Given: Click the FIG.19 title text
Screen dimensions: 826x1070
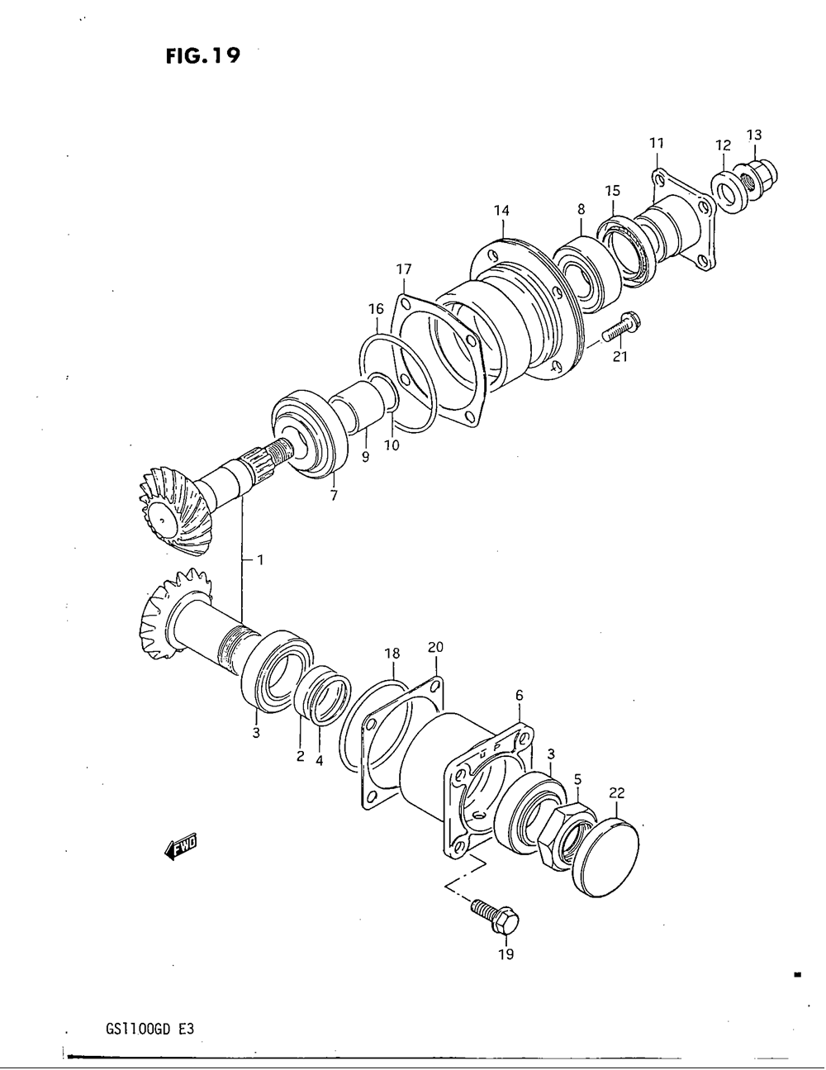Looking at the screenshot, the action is [202, 55].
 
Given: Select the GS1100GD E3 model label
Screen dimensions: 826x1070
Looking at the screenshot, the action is [151, 1029].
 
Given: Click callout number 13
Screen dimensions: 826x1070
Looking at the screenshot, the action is [754, 135].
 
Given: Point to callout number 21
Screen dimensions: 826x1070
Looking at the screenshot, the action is [620, 356].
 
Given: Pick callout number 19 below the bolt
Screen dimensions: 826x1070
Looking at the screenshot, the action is [506, 954].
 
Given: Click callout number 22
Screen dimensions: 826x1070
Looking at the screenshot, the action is [617, 793].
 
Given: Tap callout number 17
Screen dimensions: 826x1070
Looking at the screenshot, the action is [403, 269].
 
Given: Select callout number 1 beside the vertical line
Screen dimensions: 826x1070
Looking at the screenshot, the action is [259, 560].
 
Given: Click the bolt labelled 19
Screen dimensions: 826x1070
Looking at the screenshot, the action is [494, 915].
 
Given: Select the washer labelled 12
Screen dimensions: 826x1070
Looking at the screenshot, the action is [724, 192].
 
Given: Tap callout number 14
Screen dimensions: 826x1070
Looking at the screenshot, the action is [501, 210].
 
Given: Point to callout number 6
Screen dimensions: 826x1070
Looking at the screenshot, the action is [519, 696].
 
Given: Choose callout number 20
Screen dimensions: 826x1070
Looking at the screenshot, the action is [435, 647].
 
